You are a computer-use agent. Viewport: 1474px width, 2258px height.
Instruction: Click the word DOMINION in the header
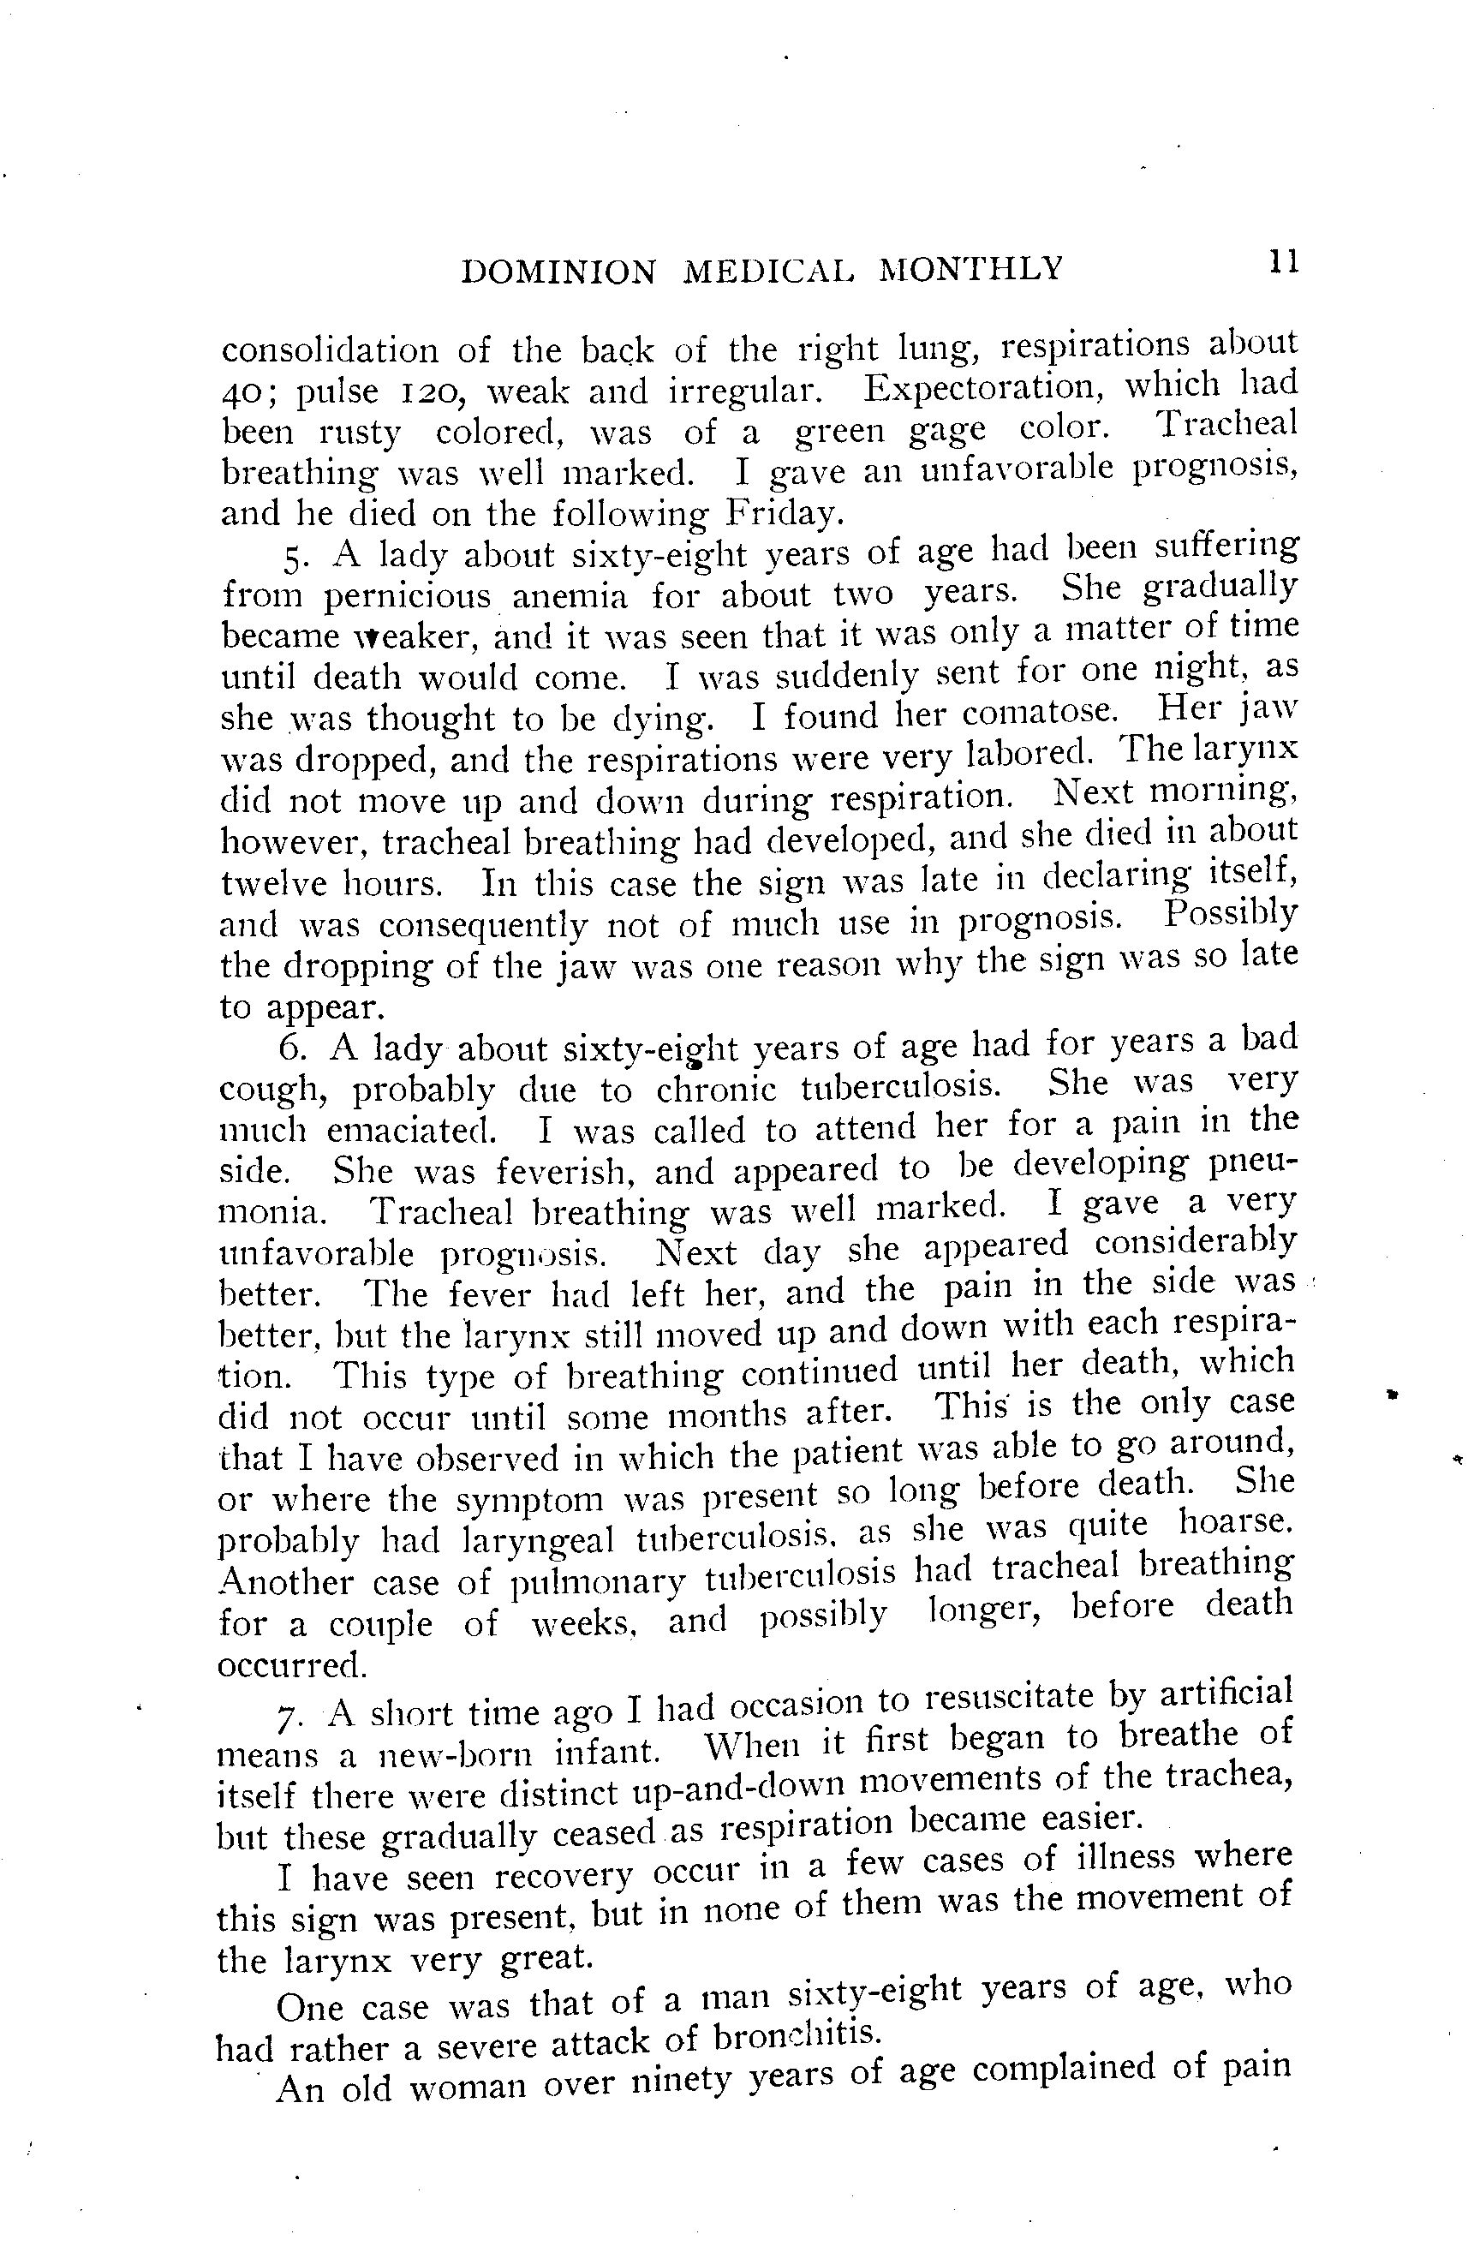(558, 272)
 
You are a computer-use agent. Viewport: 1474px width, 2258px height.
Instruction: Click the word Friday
(782, 513)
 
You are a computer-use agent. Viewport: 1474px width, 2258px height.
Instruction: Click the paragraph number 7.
(285, 1717)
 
